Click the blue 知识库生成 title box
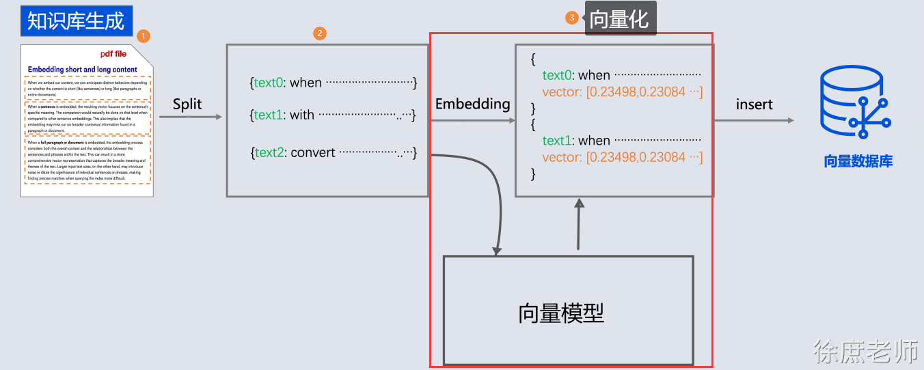pyautogui.click(x=76, y=21)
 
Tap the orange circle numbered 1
pyautogui.click(x=143, y=35)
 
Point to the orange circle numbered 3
pyautogui.click(x=572, y=18)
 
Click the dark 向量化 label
pyautogui.click(x=619, y=19)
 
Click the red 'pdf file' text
pyautogui.click(x=113, y=54)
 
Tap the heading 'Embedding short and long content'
pyautogui.click(x=82, y=70)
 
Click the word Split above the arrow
pyautogui.click(x=187, y=104)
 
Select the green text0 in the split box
pyautogui.click(x=268, y=83)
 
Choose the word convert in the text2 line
pyautogui.click(x=312, y=152)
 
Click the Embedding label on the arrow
pyautogui.click(x=472, y=104)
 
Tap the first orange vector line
pyautogui.click(x=622, y=92)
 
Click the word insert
pyautogui.click(x=754, y=104)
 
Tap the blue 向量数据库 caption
pyautogui.click(x=858, y=162)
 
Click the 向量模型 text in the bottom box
pyautogui.click(x=561, y=313)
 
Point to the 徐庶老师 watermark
pyautogui.click(x=865, y=352)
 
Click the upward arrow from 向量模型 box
pyautogui.click(x=580, y=225)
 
